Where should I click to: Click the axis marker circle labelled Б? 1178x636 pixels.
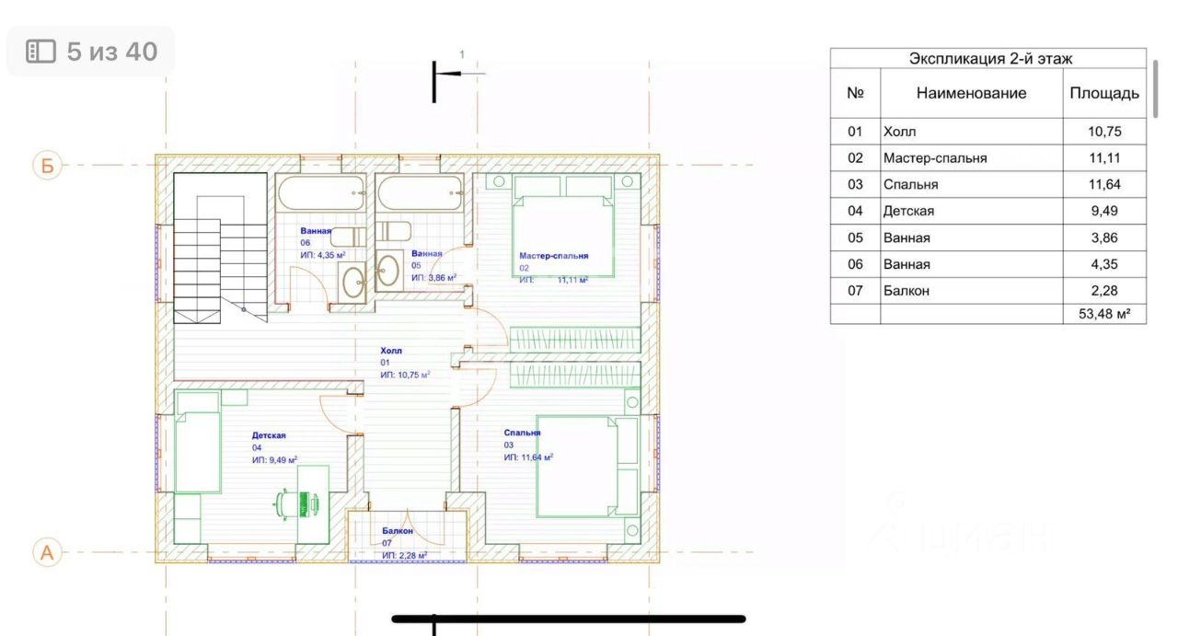(47, 166)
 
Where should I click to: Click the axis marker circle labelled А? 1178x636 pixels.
(47, 552)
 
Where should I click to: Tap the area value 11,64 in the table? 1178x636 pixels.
(1104, 185)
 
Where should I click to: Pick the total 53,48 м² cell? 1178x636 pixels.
(1104, 314)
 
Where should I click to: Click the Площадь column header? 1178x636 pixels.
(1104, 93)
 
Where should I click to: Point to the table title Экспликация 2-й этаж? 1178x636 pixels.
(990, 58)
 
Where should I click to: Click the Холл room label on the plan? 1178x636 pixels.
(391, 351)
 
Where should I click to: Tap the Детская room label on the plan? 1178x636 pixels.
(269, 435)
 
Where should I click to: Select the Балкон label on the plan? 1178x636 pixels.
(397, 531)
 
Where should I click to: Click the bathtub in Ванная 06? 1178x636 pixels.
(321, 193)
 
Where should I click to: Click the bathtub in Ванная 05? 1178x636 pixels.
(420, 193)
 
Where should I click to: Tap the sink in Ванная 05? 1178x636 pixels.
(388, 271)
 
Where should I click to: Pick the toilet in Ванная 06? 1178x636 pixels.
(348, 237)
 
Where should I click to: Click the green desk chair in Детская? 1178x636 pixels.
(296, 504)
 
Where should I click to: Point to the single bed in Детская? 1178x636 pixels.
(197, 443)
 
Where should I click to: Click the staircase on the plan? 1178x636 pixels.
(220, 248)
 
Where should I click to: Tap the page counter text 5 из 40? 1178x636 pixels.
(112, 52)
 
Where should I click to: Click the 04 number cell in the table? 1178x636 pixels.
(855, 211)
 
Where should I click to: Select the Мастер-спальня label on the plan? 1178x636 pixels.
(554, 256)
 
